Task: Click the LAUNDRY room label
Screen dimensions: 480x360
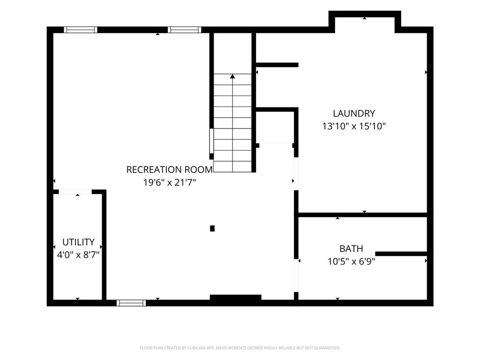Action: (354, 113)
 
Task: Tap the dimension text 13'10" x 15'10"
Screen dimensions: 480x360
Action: (354, 126)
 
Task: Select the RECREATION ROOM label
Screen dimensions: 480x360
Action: (169, 170)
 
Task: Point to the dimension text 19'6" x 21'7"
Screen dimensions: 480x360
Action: (169, 182)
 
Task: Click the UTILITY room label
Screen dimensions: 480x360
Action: (78, 242)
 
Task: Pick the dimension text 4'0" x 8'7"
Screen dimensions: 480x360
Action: (78, 255)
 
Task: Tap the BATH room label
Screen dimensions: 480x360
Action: (351, 248)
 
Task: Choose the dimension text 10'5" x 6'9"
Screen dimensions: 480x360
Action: (351, 262)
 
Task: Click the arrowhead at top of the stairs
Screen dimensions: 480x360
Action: (232, 76)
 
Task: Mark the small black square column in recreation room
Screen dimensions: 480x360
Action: (212, 228)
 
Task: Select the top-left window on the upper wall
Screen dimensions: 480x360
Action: (81, 30)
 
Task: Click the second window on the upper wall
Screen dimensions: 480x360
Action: (184, 30)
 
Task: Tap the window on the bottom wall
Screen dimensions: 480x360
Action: (131, 303)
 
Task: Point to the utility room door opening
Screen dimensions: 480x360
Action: (75, 192)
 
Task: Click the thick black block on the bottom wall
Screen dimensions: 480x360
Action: (235, 298)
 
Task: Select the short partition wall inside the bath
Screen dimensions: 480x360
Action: (401, 254)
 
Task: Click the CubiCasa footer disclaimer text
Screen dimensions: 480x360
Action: (240, 348)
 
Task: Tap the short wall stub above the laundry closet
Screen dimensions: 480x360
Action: (277, 65)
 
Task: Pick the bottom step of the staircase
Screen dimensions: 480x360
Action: (232, 167)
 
